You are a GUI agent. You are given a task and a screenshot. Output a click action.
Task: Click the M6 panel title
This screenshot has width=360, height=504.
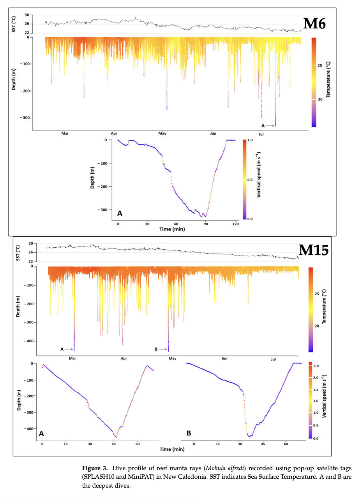point(314,24)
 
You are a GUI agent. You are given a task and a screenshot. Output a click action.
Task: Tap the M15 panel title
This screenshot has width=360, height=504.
point(313,250)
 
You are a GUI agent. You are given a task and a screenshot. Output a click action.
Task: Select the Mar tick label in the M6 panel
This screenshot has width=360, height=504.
point(65,134)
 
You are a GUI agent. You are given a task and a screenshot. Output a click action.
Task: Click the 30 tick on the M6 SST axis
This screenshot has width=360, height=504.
point(27,15)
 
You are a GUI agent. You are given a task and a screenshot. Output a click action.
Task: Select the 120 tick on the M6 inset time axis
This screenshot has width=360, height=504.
point(235,224)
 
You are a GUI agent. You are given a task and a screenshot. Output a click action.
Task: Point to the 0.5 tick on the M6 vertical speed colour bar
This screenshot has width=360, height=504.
point(250,180)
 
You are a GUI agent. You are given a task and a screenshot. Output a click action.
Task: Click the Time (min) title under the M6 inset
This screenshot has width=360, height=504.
point(172,229)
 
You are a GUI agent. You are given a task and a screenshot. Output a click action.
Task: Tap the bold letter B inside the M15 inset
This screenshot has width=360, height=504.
point(189,433)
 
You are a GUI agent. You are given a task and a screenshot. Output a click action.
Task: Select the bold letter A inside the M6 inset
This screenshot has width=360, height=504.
point(120,213)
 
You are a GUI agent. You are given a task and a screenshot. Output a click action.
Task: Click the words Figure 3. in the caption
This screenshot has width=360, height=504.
point(95,468)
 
